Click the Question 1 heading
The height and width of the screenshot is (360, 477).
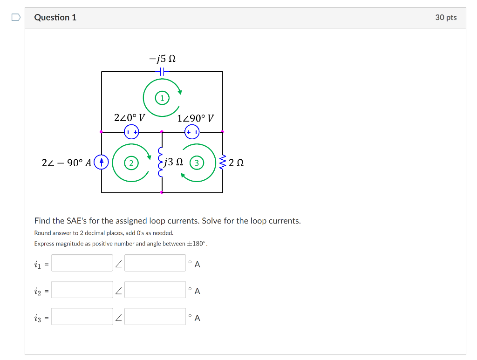pyautogui.click(x=55, y=18)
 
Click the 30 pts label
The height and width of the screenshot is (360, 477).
pyautogui.click(x=446, y=18)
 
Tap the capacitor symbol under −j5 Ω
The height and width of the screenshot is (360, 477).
pyautogui.click(x=162, y=72)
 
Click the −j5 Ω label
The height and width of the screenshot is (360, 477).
pyautogui.click(x=162, y=59)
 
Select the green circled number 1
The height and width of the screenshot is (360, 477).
pyautogui.click(x=162, y=98)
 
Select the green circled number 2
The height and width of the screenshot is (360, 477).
pyautogui.click(x=131, y=163)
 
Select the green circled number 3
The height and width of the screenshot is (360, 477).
pyautogui.click(x=197, y=163)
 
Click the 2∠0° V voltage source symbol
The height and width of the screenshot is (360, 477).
pyautogui.click(x=131, y=132)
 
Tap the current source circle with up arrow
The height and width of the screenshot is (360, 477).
pyautogui.click(x=101, y=162)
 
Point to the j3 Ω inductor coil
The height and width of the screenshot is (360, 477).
pyautogui.click(x=161, y=163)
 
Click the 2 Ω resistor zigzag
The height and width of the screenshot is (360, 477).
pyautogui.click(x=222, y=163)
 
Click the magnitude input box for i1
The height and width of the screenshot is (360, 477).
pyautogui.click(x=82, y=263)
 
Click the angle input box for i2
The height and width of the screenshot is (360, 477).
pyautogui.click(x=155, y=290)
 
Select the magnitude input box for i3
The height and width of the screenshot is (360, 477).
pyautogui.click(x=82, y=317)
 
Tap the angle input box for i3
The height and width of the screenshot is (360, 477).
pyautogui.click(x=155, y=317)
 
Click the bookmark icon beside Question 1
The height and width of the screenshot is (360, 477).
pyautogui.click(x=16, y=18)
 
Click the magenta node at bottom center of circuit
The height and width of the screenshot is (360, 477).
pyautogui.click(x=162, y=192)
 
